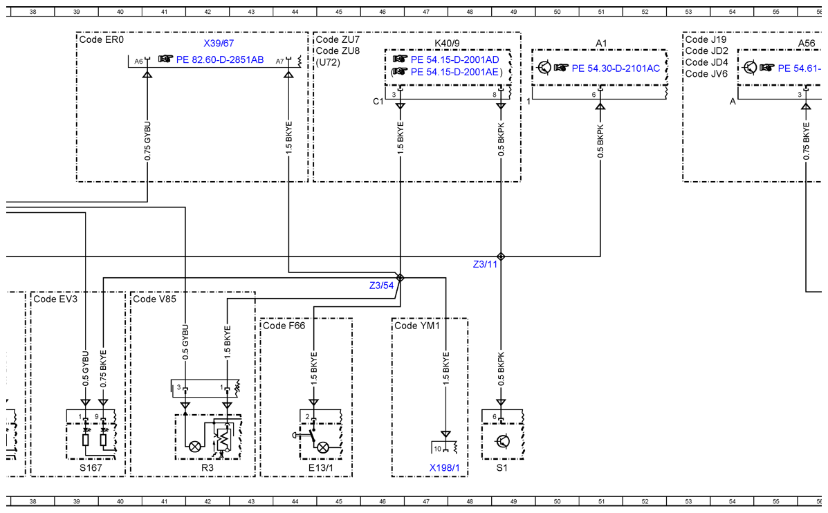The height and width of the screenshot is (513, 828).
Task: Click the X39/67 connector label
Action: tap(219, 44)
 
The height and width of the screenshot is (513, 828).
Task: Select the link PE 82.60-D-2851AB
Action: tap(220, 59)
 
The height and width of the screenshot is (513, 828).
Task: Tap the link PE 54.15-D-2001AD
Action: tap(454, 59)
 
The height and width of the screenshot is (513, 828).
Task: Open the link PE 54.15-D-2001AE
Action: tap(454, 72)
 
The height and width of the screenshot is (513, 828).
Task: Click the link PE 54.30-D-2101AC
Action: tap(616, 68)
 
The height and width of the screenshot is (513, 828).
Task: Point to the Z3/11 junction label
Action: tap(486, 264)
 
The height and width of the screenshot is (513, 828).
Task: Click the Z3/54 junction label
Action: tap(381, 286)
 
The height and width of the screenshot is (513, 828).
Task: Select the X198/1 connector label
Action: tap(445, 467)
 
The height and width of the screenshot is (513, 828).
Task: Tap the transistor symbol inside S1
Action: tap(503, 441)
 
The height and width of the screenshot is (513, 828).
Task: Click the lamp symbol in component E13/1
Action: tap(322, 448)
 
